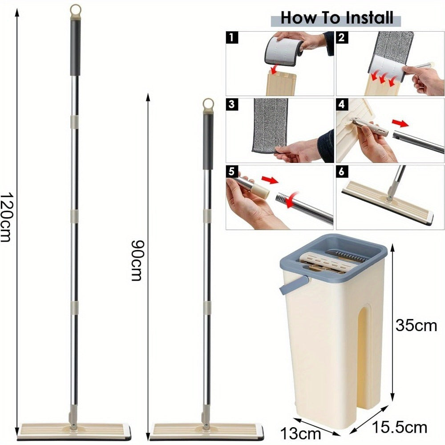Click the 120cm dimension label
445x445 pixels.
[x=6, y=217]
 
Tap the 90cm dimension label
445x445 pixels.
[x=138, y=260]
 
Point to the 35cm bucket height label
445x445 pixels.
[x=416, y=326]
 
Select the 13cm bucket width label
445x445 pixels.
[x=300, y=433]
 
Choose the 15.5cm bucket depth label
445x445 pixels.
[x=399, y=427]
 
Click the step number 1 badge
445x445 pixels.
[x=232, y=37]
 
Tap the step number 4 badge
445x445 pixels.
[x=342, y=105]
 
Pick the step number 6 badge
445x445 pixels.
[x=342, y=171]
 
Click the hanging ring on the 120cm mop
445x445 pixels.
[x=76, y=11]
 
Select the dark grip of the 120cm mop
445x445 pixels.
[x=75, y=48]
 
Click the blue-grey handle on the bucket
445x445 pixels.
[x=294, y=284]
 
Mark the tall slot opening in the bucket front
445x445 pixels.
[x=364, y=355]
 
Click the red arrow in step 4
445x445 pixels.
[x=400, y=123]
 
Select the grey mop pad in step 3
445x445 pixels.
[x=270, y=125]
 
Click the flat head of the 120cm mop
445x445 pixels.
[x=74, y=431]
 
